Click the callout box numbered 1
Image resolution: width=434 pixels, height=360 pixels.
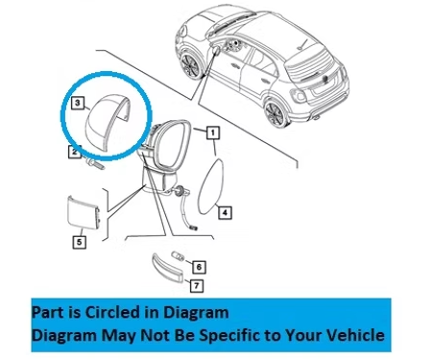click(213, 132)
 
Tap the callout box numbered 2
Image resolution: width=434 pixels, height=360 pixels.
click(75, 152)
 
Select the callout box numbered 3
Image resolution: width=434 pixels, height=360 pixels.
click(78, 103)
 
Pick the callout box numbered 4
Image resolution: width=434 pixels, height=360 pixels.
click(225, 212)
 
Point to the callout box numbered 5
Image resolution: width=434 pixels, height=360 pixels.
click(79, 242)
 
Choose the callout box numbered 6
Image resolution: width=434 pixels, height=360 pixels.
click(199, 267)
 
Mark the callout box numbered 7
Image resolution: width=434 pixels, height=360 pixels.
click(197, 285)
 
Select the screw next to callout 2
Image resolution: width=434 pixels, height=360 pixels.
click(95, 164)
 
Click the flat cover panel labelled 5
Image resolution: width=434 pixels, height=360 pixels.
click(84, 212)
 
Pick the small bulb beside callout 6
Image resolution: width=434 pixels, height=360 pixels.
click(178, 256)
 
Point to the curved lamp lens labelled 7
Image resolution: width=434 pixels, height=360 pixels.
click(167, 267)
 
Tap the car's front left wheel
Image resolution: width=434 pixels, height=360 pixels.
click(189, 65)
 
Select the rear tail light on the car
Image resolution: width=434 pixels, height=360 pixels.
click(298, 95)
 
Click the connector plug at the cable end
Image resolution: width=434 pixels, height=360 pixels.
click(194, 228)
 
